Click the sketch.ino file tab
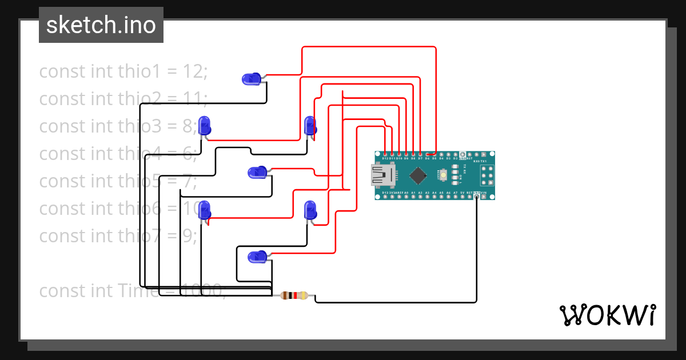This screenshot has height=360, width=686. coord(101,25)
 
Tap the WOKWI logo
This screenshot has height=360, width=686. coord(607,315)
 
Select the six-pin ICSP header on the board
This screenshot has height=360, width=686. coord(487,175)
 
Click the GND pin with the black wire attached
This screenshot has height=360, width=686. coord(477,197)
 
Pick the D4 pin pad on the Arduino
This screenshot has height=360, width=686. coord(441,154)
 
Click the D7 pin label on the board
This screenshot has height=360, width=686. coord(420,158)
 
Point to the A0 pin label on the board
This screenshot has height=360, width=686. coord(406,193)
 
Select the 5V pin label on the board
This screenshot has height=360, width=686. coord(462,193)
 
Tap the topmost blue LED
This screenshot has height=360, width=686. coord(252,79)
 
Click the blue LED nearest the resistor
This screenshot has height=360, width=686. coord(257,257)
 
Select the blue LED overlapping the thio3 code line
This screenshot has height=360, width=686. coord(204,125)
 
